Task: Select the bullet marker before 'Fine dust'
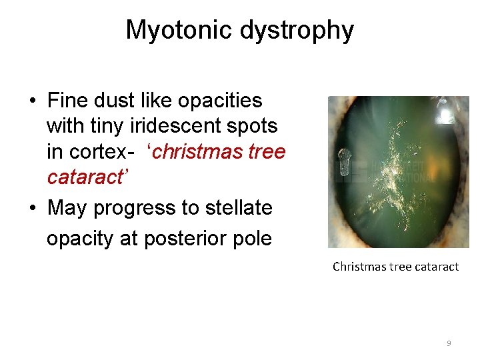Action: click(32, 101)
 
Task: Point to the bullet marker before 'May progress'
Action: click(32, 209)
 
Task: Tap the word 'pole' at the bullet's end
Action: click(252, 238)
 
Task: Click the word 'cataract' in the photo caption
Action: click(437, 267)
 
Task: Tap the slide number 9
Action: click(449, 343)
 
